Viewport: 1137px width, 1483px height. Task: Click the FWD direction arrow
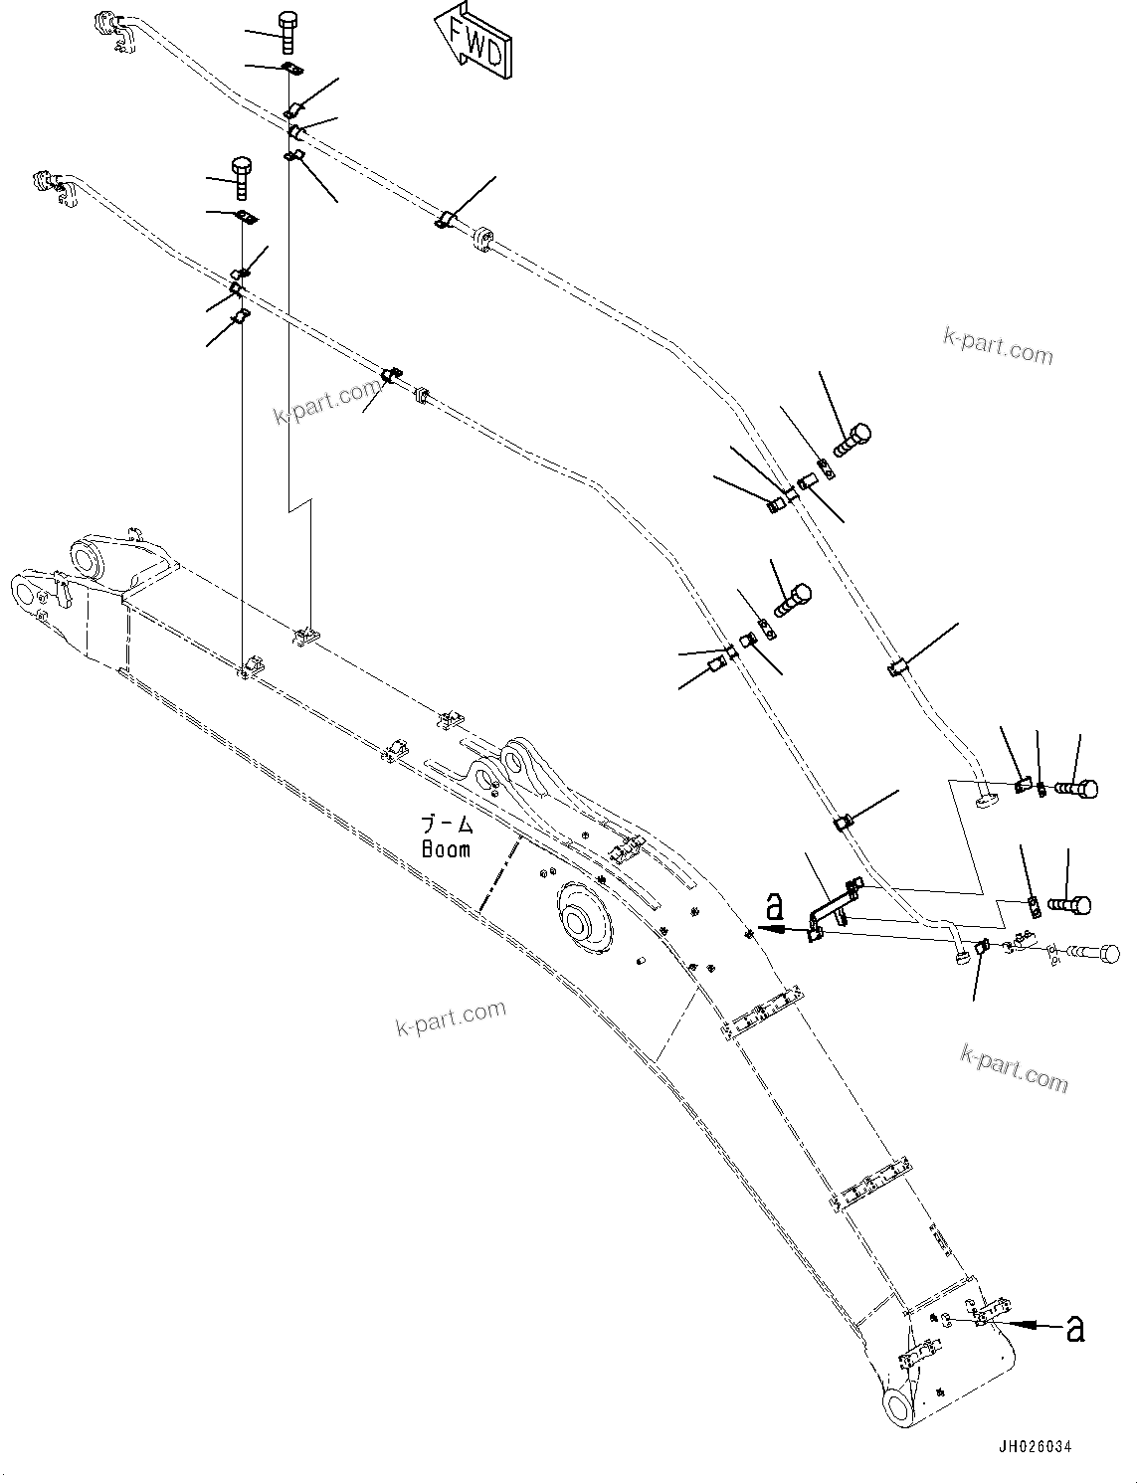(474, 41)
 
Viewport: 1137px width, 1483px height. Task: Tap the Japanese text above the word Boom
(447, 824)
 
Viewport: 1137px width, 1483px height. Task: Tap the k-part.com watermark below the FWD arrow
(998, 347)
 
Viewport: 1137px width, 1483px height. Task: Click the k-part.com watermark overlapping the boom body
(450, 1018)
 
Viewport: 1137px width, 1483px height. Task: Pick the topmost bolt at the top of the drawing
(286, 32)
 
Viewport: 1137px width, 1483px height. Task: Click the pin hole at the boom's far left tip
(24, 594)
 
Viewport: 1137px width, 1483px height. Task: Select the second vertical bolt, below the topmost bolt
(241, 177)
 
